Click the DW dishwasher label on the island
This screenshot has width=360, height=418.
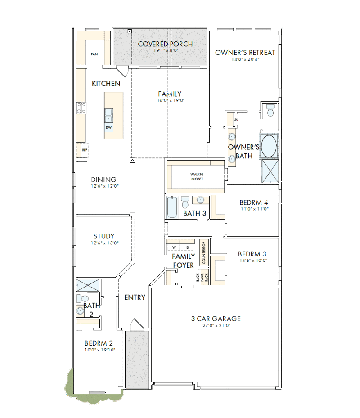(108, 127)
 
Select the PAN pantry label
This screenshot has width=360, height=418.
(94, 54)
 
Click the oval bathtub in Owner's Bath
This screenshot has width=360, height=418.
(269, 146)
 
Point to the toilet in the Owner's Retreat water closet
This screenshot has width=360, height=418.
(270, 110)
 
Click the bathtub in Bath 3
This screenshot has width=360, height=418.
(172, 207)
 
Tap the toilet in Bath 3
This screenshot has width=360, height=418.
(185, 202)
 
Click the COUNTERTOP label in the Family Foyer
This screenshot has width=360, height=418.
(204, 252)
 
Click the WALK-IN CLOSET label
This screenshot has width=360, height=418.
(197, 177)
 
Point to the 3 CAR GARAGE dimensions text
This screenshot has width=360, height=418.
(216, 325)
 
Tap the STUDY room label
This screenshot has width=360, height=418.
(104, 236)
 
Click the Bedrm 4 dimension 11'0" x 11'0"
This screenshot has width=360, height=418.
(254, 209)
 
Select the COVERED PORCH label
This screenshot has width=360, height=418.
(165, 44)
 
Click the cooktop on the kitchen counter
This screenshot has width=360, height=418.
(81, 108)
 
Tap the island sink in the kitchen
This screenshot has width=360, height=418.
(108, 115)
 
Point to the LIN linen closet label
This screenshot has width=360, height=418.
(236, 120)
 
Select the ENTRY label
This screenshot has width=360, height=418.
(135, 297)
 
